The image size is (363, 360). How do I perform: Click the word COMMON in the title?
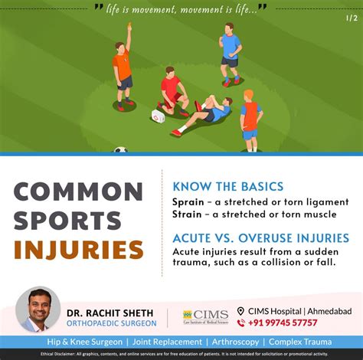[x=78, y=191]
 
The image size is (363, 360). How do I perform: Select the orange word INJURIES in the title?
[x=78, y=250]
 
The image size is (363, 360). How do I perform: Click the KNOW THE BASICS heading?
[x=227, y=186]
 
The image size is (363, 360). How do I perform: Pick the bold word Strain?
[x=189, y=214]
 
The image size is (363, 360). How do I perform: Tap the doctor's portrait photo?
[x=38, y=309]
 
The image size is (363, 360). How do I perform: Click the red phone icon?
[x=241, y=323]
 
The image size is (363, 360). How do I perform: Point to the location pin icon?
[x=240, y=311]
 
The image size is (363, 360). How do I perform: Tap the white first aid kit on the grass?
[x=159, y=116]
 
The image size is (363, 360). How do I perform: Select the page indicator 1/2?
[x=351, y=18]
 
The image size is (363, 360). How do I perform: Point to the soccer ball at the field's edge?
[x=120, y=150]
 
